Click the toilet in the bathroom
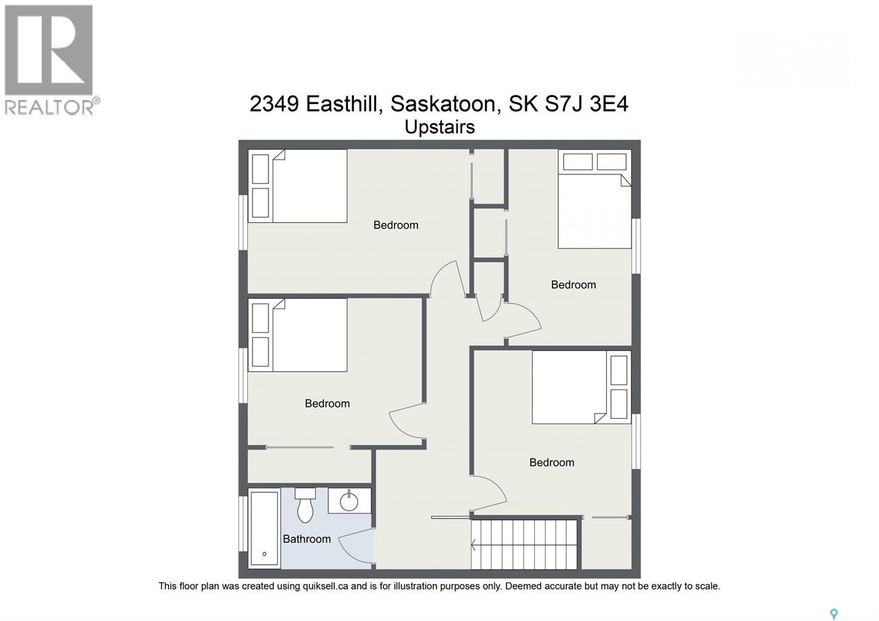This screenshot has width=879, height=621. point(305,506)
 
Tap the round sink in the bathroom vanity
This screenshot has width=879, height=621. point(349,501)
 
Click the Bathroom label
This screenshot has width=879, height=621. point(307,539)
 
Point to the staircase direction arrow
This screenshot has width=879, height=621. point(474,545)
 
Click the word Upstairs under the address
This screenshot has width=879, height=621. point(439,127)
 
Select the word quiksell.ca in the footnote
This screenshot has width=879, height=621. point(325,586)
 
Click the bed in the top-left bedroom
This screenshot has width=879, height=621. point(299,186)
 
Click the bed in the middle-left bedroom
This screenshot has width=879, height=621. point(299,335)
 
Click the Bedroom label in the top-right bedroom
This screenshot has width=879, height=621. point(574,285)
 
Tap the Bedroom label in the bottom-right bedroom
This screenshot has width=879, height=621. point(552,463)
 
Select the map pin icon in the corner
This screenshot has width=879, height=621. point(833,614)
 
